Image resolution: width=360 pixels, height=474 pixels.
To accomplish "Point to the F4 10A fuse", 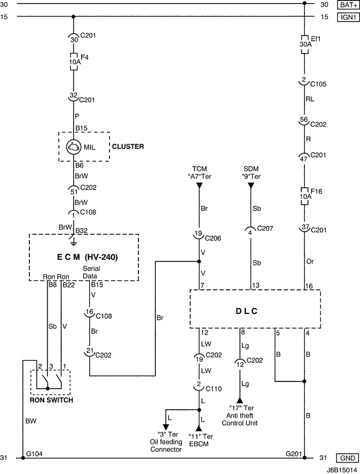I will click(x=74, y=62).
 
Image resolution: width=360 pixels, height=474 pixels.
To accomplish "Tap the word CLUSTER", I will click(x=128, y=147).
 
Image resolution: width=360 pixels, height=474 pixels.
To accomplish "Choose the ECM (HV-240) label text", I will click(x=83, y=257).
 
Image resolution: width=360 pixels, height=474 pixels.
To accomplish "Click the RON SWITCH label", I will click(x=50, y=400).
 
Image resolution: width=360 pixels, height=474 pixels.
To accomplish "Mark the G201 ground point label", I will click(x=294, y=453).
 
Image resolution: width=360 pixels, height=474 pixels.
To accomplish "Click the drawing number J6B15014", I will click(x=341, y=469).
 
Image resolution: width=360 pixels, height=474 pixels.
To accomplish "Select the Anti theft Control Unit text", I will click(x=240, y=419).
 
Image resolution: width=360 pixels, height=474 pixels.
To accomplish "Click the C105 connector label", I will click(x=318, y=84).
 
